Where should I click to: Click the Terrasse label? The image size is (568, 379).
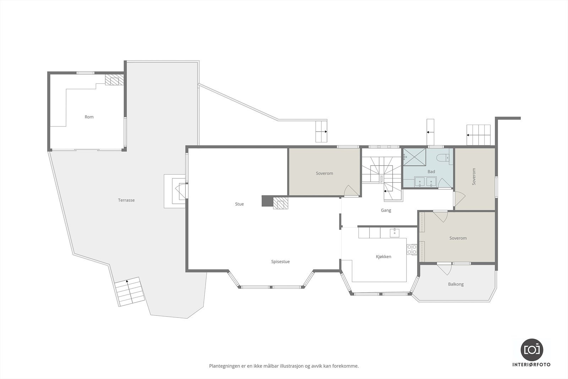tap(126, 200)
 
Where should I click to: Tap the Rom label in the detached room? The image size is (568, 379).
tap(89, 117)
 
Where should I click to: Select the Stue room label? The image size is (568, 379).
tap(239, 204)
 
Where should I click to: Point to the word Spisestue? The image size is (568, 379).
tap(280, 262)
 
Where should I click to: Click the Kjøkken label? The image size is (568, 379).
tap(383, 257)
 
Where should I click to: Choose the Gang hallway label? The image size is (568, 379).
tap(386, 210)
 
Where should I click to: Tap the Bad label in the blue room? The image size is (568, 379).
tap(431, 172)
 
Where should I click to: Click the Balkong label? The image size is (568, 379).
tap(456, 284)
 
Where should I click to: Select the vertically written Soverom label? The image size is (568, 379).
tap(474, 177)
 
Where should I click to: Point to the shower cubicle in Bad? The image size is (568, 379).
tap(414, 157)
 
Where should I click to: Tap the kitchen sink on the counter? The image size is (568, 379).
tap(395, 233)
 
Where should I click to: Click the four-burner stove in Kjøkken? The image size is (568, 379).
tap(412, 249)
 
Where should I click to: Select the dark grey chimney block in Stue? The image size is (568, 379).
tap(267, 201)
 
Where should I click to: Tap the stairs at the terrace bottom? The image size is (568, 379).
tap(129, 292)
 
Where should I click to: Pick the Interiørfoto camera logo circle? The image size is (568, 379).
tap(531, 349)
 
